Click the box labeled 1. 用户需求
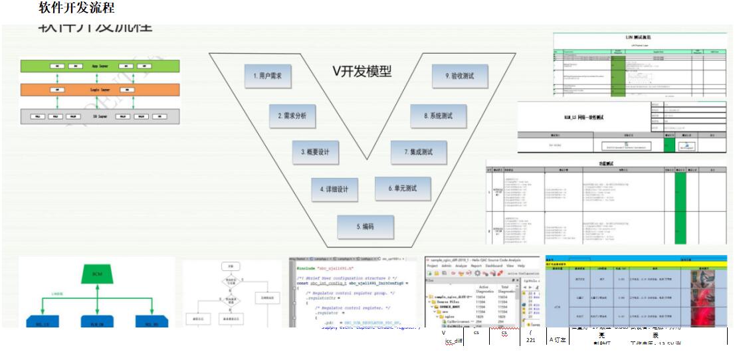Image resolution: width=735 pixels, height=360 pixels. click(268, 77)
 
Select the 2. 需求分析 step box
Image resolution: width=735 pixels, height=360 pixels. click(292, 116)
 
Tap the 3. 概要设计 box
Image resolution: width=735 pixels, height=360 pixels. click(316, 152)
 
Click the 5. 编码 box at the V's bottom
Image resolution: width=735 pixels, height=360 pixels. click(365, 226)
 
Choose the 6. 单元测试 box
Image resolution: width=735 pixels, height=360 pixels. click(403, 188)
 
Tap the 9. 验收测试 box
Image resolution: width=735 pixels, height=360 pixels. click(459, 76)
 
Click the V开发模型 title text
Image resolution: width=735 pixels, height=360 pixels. click(362, 71)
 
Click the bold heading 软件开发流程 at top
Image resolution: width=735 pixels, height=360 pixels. click(77, 8)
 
